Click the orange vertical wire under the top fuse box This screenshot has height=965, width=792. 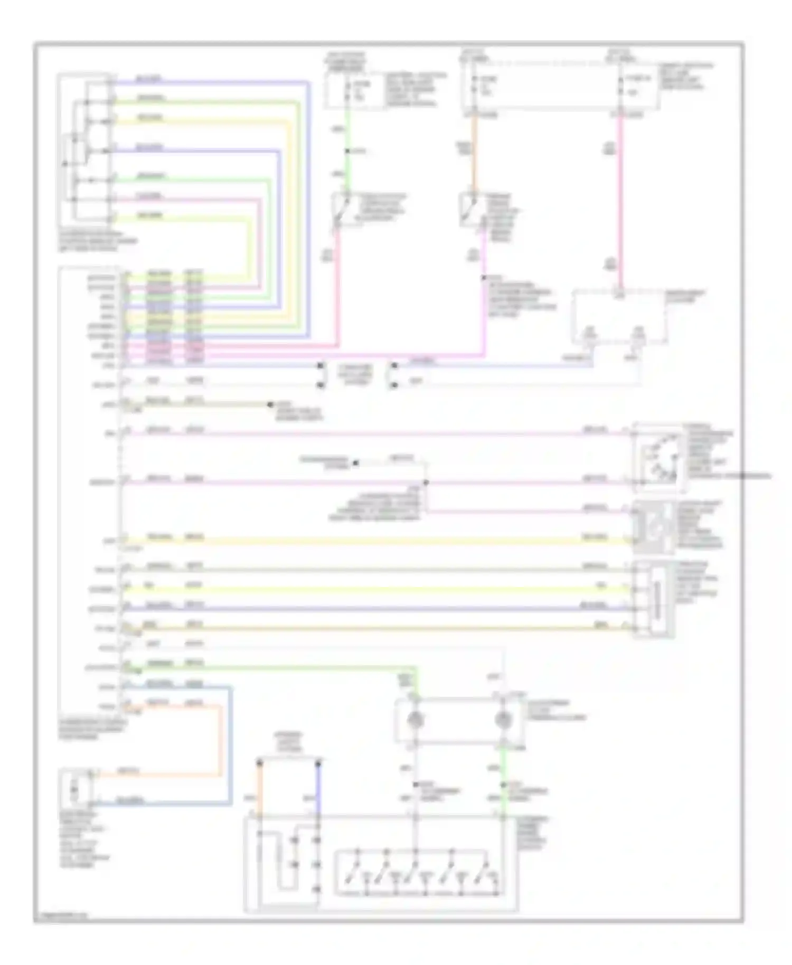coord(473,153)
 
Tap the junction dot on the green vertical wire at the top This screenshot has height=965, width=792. coord(347,152)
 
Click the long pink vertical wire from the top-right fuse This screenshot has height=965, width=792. coord(621,201)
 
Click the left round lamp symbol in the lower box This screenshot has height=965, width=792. coord(416,719)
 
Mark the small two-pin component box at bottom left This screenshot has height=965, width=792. coord(75,789)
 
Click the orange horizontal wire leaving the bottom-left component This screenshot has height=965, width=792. coord(158,775)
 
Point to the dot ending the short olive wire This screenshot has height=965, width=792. coord(270,405)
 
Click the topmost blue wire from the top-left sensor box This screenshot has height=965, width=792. coord(211,82)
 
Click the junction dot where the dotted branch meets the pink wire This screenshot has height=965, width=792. coord(426,482)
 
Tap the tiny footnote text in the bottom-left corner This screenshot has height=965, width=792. coord(61,915)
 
